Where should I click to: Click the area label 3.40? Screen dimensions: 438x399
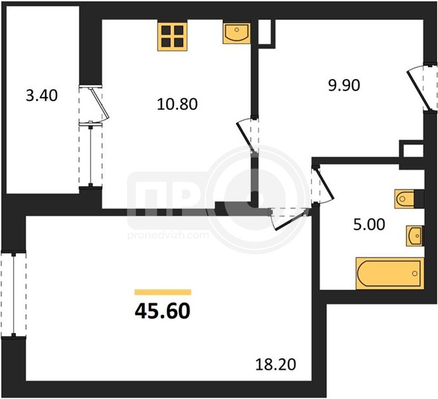click(x=42, y=95)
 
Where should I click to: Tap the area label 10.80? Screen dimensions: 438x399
click(x=177, y=104)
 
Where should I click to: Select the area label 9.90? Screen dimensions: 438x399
click(x=344, y=85)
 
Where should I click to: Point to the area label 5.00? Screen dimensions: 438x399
click(x=369, y=224)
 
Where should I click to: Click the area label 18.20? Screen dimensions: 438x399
click(x=276, y=365)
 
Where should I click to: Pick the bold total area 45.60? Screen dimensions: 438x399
click(x=162, y=311)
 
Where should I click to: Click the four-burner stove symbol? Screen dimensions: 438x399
click(x=172, y=36)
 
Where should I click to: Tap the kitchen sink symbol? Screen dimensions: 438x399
click(x=236, y=33)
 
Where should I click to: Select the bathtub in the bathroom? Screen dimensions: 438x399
click(x=390, y=273)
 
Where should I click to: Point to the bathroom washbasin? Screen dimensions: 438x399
click(x=415, y=236)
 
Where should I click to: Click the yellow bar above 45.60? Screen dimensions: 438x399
click(x=163, y=292)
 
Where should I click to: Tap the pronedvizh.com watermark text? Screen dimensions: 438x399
click(x=168, y=235)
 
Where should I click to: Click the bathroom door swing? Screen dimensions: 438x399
click(x=322, y=186)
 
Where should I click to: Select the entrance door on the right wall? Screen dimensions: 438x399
click(x=422, y=88)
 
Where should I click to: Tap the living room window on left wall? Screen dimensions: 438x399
click(x=13, y=294)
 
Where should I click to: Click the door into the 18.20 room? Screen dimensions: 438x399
click(x=290, y=219)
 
